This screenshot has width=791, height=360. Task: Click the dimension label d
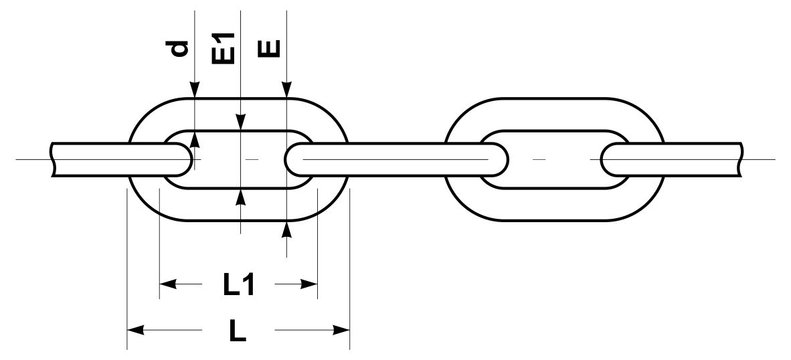(180, 48)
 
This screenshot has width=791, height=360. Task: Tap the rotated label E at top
(268, 49)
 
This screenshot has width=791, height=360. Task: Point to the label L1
(239, 285)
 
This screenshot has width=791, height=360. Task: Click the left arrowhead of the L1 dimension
(167, 284)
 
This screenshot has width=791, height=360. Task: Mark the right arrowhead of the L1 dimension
(309, 284)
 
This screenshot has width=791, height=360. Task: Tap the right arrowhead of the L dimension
(341, 331)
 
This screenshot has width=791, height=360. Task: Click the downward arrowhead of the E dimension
(286, 89)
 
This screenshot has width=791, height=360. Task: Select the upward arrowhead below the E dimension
(286, 230)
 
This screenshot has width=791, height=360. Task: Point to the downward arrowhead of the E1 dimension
(241, 122)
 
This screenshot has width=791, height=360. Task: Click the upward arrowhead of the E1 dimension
(241, 197)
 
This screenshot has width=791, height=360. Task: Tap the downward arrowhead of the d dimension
(195, 89)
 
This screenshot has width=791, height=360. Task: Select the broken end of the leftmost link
(53, 160)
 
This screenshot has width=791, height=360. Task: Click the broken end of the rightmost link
(741, 160)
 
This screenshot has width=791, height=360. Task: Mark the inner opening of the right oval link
(554, 160)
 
